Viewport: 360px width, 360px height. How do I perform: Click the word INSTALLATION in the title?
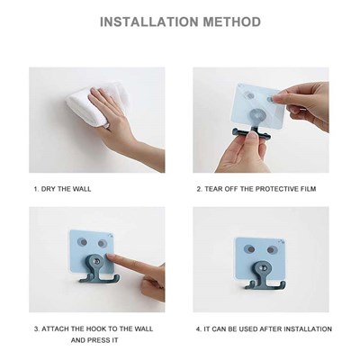pyautogui.click(x=148, y=22)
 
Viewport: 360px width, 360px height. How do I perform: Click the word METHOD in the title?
pyautogui.click(x=232, y=22)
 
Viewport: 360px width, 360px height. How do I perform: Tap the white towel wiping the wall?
pyautogui.click(x=97, y=103)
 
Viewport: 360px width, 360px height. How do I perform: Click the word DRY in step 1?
pyautogui.click(x=48, y=189)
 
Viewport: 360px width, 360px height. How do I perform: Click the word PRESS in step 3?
pyautogui.click(x=97, y=340)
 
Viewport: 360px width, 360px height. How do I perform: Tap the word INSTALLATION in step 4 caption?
pyautogui.click(x=308, y=328)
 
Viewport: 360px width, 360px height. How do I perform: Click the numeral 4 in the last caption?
pyautogui.click(x=198, y=329)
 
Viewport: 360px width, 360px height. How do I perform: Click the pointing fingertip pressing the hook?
pyautogui.click(x=111, y=256)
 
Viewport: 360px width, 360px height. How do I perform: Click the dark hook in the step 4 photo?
pyautogui.click(x=265, y=275)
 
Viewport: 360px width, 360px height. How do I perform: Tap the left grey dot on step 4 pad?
pyautogui.click(x=249, y=249)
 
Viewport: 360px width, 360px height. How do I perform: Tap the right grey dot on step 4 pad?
pyautogui.click(x=271, y=249)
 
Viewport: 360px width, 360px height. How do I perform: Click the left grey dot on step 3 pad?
pyautogui.click(x=82, y=242)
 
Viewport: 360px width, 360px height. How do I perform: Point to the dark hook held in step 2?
pyautogui.click(x=251, y=133)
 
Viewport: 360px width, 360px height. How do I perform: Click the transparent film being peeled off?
pyautogui.click(x=259, y=105)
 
